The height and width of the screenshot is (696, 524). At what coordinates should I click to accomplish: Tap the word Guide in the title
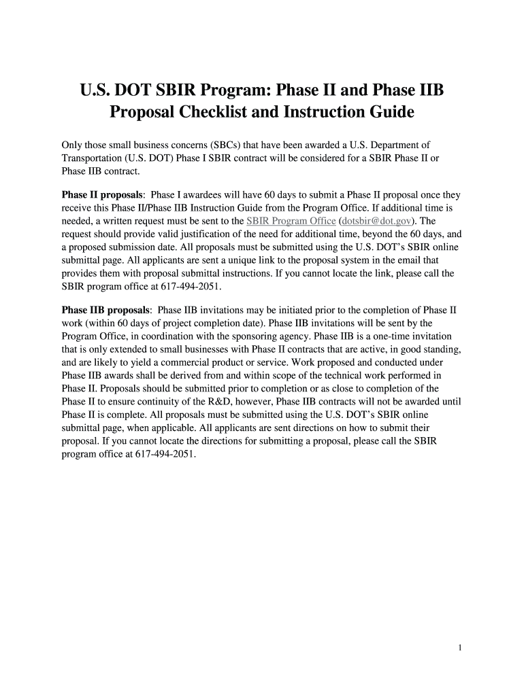click(x=389, y=111)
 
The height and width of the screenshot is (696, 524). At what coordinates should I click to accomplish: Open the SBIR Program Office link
click(x=291, y=221)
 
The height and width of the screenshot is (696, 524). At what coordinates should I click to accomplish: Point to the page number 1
click(x=461, y=648)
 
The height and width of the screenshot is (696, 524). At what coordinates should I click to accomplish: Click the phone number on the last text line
click(x=165, y=453)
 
